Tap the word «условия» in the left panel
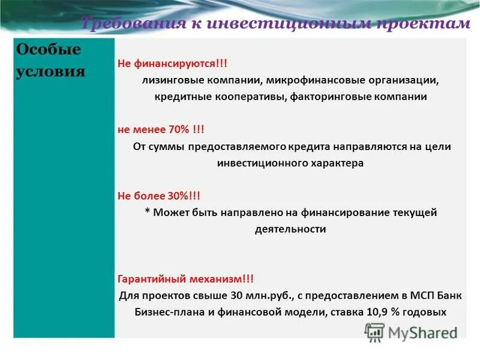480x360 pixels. (50, 71)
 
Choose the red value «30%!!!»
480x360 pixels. (182, 196)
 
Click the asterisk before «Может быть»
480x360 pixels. (147, 213)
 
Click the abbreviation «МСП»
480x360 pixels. (398, 296)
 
